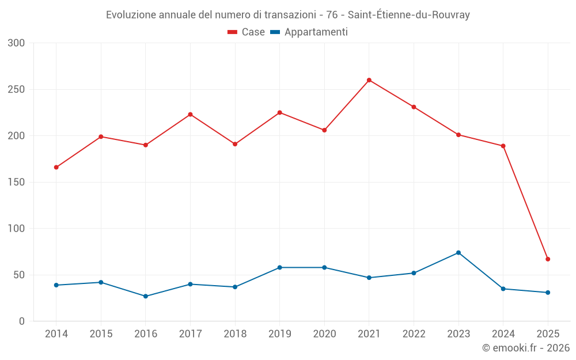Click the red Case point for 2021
point(369,80)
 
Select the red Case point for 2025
point(548,259)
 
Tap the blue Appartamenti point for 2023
point(458,253)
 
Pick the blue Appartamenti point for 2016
point(146,296)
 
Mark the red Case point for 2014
point(56,168)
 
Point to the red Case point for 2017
point(190,115)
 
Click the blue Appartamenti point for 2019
point(280,267)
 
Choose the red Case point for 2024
point(503,146)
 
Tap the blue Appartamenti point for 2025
point(548,293)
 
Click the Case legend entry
point(246,32)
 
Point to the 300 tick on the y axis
point(17,43)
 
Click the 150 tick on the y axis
point(17,183)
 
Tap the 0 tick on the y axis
point(22,321)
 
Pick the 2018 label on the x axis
point(235,334)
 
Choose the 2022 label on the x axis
point(414,334)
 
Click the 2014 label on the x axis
point(56,334)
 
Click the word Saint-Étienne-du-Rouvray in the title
point(409,15)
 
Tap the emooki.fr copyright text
point(525,348)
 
